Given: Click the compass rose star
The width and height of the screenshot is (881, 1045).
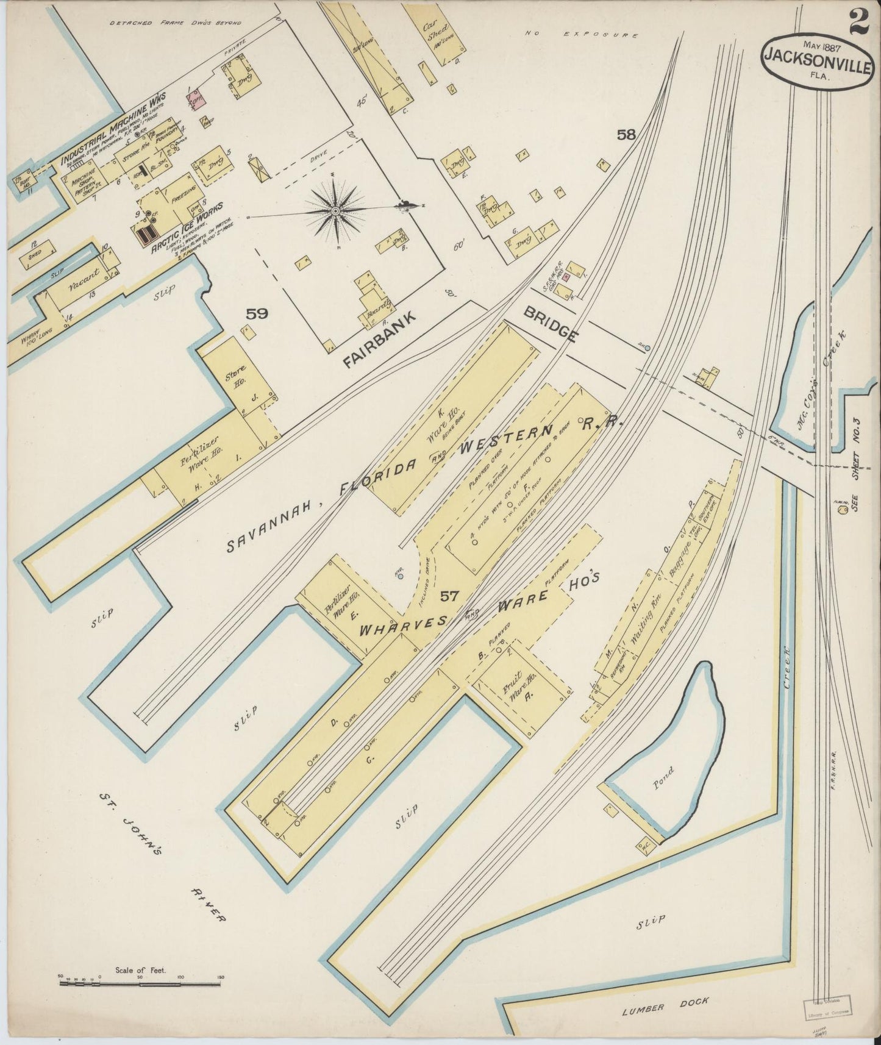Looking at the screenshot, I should tap(335, 210).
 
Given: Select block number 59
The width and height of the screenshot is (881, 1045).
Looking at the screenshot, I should tap(257, 314).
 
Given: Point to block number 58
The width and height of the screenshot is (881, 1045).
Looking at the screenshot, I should tap(626, 135).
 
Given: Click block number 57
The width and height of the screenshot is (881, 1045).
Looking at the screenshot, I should tap(451, 596).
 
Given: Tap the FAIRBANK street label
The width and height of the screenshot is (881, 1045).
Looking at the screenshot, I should tap(379, 339).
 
